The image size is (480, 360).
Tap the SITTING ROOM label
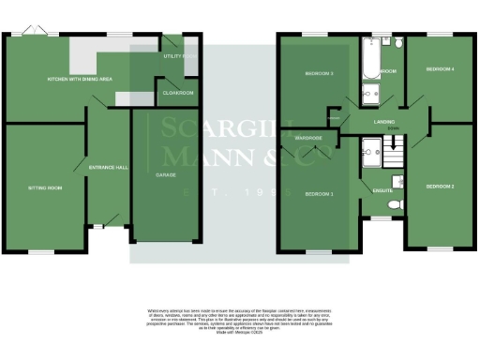43,187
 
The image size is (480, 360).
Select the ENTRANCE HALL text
107,167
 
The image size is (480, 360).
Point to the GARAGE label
165,175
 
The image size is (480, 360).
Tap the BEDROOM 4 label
440,69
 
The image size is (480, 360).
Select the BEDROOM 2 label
440,187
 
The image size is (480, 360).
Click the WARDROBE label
308,138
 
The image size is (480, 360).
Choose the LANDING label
382,121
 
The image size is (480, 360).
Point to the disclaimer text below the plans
239,317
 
